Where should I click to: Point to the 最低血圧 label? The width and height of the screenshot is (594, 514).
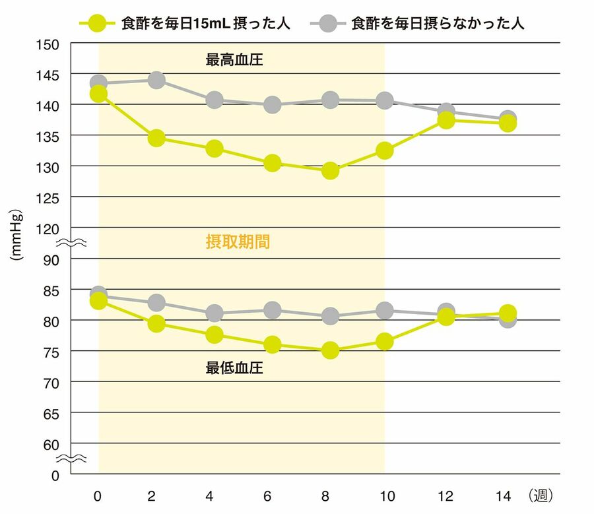235,368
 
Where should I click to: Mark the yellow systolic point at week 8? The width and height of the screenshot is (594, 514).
330,171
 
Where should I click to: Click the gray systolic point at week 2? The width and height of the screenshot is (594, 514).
156,80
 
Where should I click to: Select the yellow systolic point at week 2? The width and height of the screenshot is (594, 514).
156,138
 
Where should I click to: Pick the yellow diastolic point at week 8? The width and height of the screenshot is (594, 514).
330,350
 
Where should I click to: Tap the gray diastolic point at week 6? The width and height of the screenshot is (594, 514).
273,310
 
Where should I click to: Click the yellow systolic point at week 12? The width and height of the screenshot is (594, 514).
446,120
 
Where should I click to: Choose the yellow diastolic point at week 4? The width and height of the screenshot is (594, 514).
214,335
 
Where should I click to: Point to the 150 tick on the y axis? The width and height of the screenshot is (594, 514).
51,44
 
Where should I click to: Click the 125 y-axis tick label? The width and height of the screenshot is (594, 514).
51,197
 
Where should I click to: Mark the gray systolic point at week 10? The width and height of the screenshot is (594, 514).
385,101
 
